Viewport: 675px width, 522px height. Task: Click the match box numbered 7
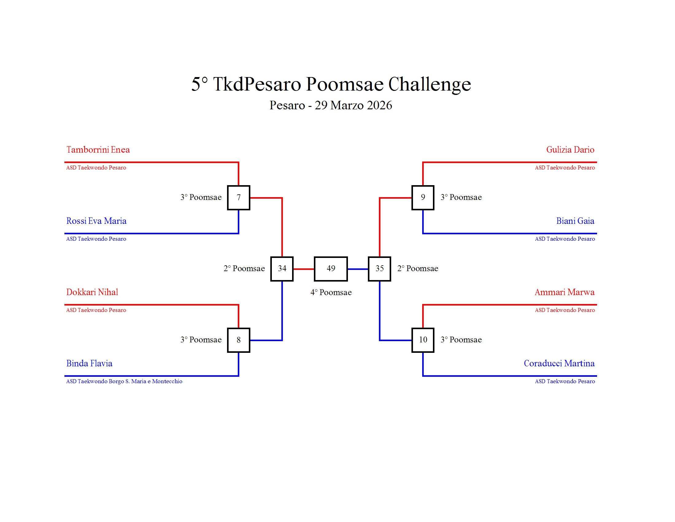click(238, 198)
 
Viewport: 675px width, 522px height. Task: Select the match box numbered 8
click(238, 340)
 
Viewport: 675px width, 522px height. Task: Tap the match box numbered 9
click(422, 198)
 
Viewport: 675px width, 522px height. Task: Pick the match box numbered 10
click(422, 340)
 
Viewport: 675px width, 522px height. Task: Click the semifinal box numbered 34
click(282, 269)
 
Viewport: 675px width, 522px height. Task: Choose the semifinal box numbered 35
click(379, 269)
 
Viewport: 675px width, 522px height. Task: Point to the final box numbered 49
click(331, 269)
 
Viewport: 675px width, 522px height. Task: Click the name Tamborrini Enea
click(98, 150)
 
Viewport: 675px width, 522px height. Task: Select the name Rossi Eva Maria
click(96, 221)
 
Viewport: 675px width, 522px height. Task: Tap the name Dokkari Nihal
click(92, 292)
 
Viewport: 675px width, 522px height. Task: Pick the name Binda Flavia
click(89, 363)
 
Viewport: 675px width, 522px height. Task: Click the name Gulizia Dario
click(570, 150)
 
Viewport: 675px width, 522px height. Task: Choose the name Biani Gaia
click(575, 221)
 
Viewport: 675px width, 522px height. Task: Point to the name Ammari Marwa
click(564, 292)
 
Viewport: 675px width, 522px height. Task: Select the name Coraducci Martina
click(559, 363)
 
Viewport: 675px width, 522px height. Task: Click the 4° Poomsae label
click(331, 293)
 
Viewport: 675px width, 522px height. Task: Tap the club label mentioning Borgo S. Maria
click(124, 381)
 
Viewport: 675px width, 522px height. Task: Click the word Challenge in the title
click(429, 84)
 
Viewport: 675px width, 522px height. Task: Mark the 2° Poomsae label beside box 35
click(417, 269)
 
